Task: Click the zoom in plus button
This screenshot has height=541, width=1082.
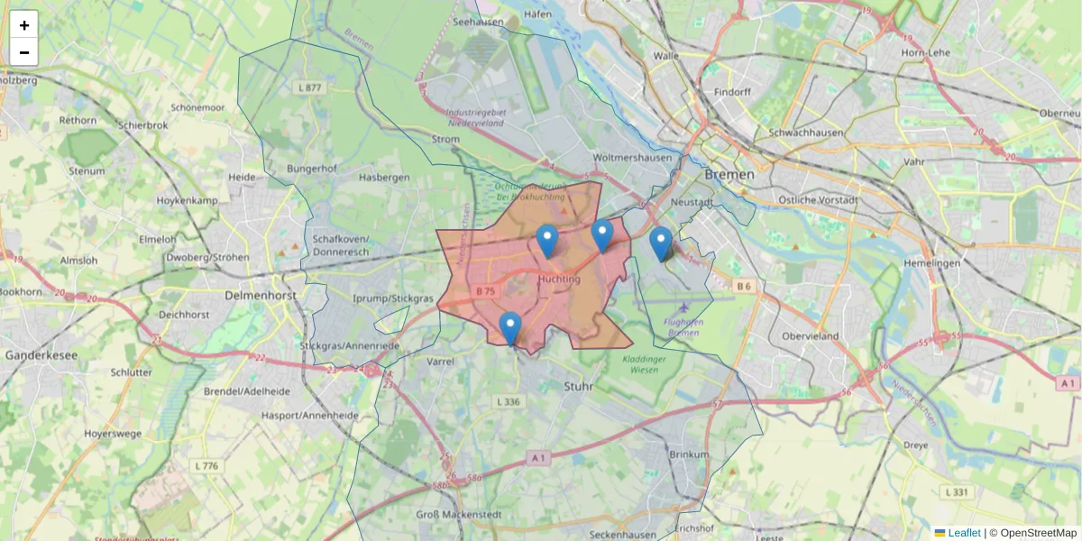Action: [x=23, y=25]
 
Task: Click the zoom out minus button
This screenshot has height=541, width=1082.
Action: [x=23, y=52]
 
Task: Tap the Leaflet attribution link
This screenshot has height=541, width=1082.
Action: [x=964, y=533]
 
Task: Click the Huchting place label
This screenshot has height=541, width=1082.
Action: [x=558, y=280]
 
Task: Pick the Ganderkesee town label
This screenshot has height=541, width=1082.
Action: [x=41, y=355]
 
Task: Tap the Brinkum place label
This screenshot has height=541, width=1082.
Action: [x=690, y=454]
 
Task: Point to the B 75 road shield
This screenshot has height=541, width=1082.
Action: [x=485, y=291]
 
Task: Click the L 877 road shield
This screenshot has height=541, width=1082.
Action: [x=308, y=87]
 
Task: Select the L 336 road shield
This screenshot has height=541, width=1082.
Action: [x=509, y=401]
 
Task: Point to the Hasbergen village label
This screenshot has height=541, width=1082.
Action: [x=384, y=178]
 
